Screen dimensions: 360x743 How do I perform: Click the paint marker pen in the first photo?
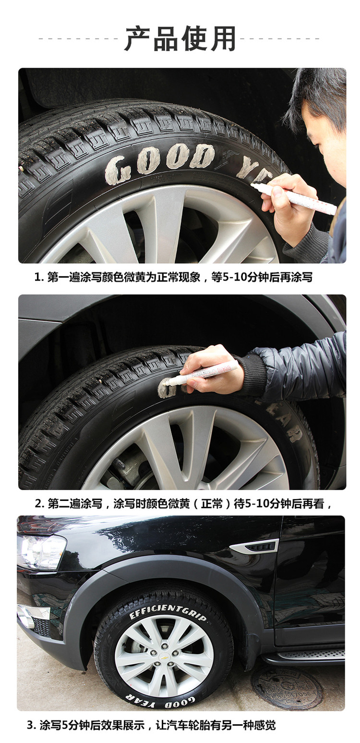pyautogui.click(x=294, y=197)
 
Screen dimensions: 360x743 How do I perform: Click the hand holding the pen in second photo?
pyautogui.click(x=213, y=369)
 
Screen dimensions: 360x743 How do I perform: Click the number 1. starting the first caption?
pyautogui.click(x=39, y=277)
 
